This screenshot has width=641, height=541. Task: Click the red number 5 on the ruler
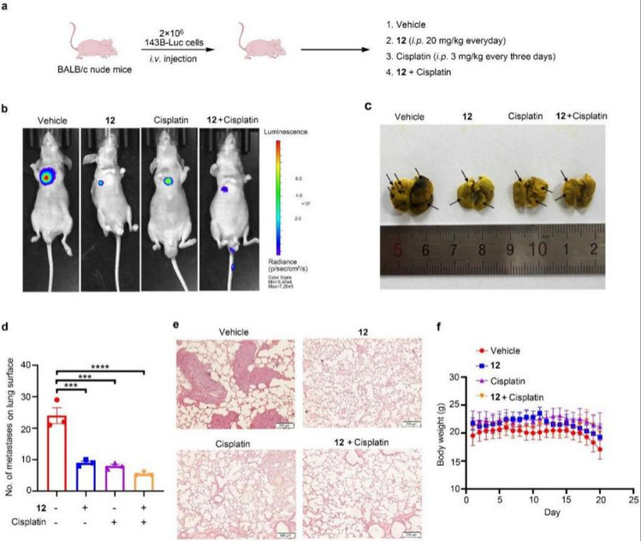396,251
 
